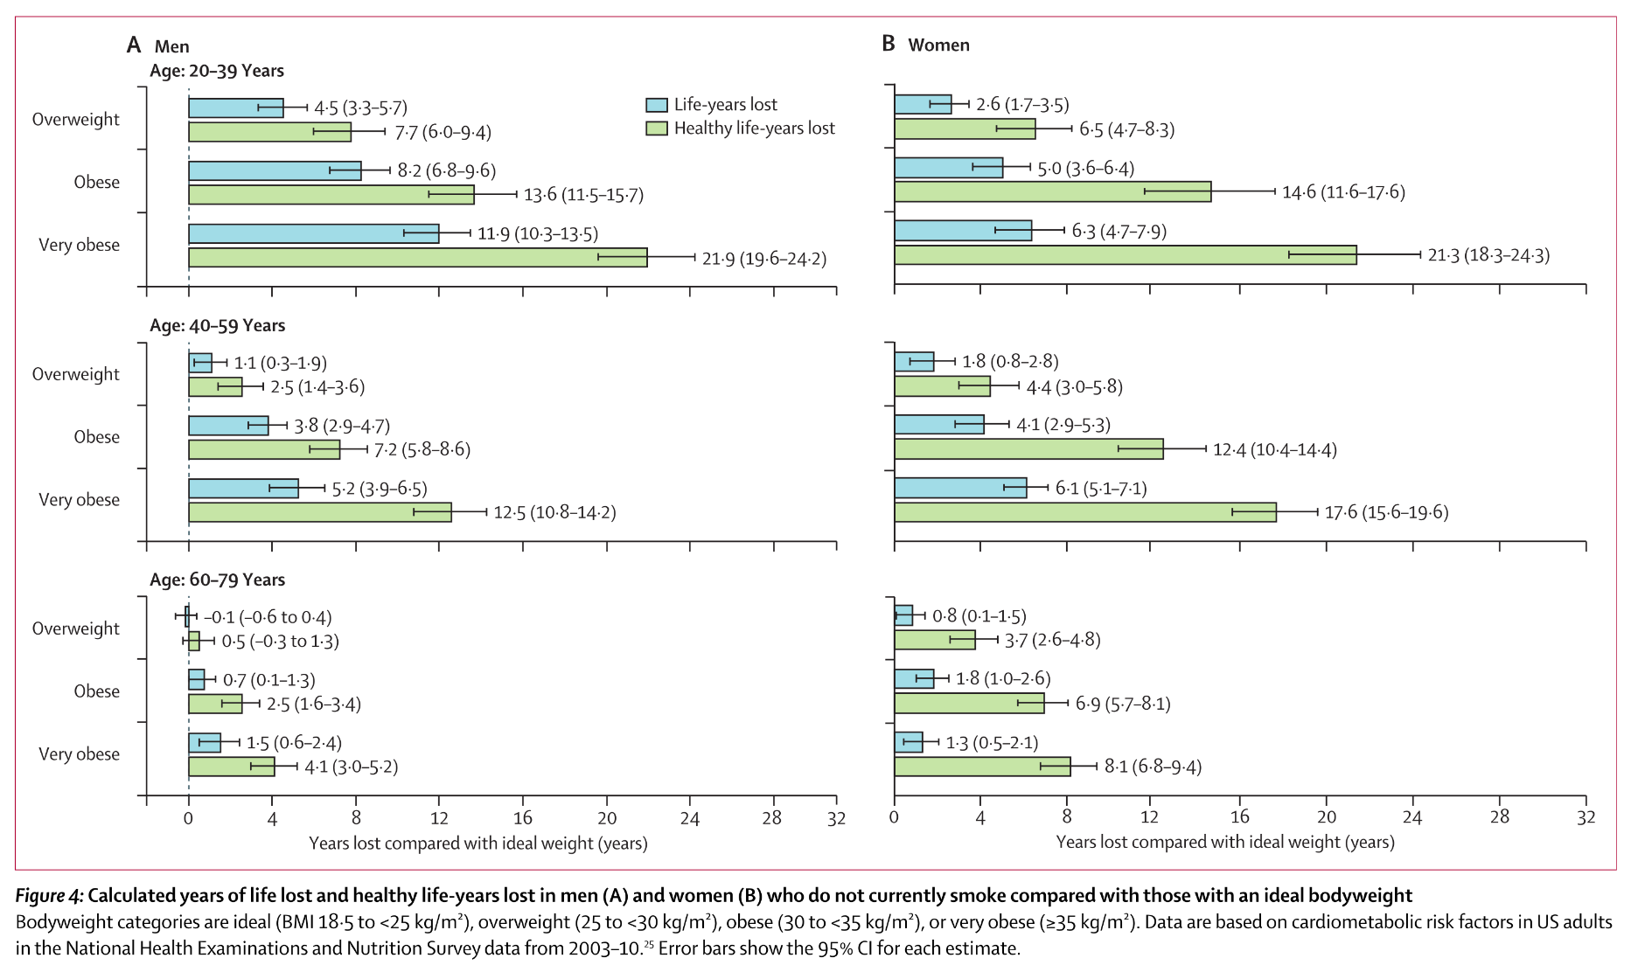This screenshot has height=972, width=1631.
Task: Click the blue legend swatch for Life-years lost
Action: pyautogui.click(x=656, y=105)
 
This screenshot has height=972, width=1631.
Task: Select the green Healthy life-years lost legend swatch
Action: pyautogui.click(x=656, y=128)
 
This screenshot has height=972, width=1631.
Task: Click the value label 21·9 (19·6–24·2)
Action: pyautogui.click(x=763, y=259)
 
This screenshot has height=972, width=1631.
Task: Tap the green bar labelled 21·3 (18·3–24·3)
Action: pyautogui.click(x=1125, y=255)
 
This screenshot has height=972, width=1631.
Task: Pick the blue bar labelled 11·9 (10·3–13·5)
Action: pyautogui.click(x=313, y=233)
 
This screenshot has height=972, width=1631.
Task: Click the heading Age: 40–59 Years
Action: pyautogui.click(x=217, y=325)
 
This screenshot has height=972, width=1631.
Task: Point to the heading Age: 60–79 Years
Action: pyautogui.click(x=217, y=580)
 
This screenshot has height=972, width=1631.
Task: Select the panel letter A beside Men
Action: pyautogui.click(x=134, y=45)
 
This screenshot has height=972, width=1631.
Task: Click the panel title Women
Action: pyautogui.click(x=938, y=45)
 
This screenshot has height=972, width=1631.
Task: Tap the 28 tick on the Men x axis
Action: pyautogui.click(x=771, y=818)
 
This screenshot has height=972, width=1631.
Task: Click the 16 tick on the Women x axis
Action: pyautogui.click(x=1240, y=817)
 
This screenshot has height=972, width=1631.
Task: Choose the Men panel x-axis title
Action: pyautogui.click(x=477, y=844)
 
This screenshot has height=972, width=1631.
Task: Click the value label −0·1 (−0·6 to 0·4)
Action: pyautogui.click(x=268, y=618)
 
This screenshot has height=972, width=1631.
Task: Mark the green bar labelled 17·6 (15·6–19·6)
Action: pyautogui.click(x=1084, y=512)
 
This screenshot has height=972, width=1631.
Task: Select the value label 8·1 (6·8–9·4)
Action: pyautogui.click(x=1153, y=767)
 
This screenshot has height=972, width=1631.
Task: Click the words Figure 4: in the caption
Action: pyautogui.click(x=50, y=896)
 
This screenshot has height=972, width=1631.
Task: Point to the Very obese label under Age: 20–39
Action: pyautogui.click(x=79, y=245)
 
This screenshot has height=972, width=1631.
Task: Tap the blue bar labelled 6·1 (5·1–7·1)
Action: pyautogui.click(x=960, y=488)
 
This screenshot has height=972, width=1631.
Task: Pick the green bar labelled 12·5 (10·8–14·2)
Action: pyautogui.click(x=319, y=512)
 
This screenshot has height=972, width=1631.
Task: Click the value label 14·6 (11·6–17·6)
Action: pyautogui.click(x=1343, y=192)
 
